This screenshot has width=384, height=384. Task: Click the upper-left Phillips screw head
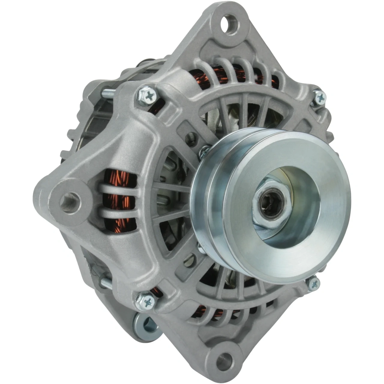tap(147, 96)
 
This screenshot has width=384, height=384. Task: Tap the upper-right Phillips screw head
tap(320, 97)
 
